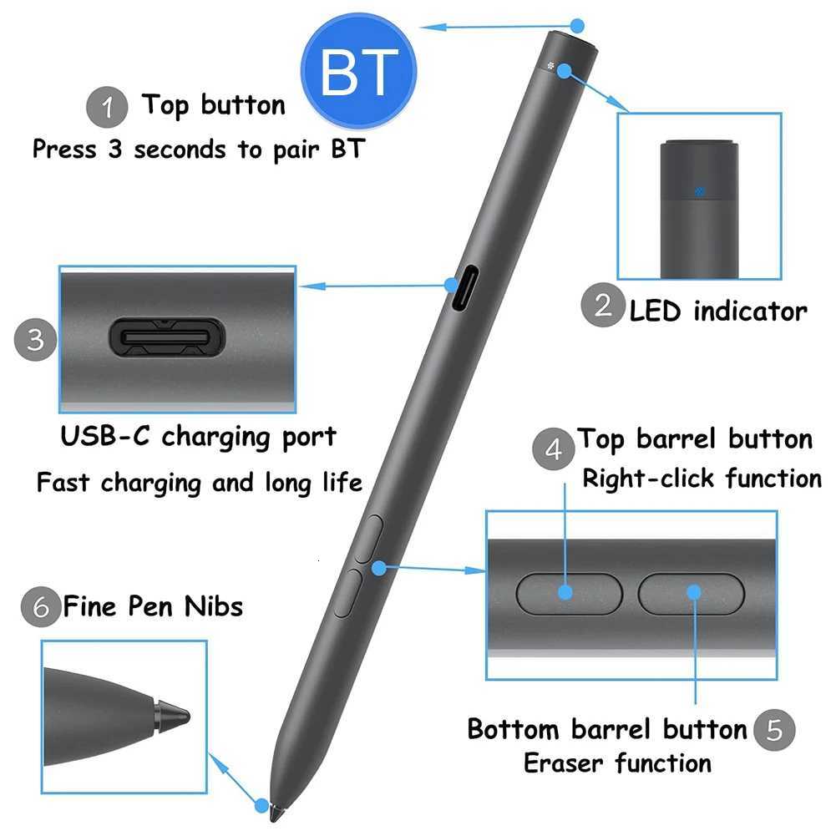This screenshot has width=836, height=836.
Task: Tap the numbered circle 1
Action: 108,108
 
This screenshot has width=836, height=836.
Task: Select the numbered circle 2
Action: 603,305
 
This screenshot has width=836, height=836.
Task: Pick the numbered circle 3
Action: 36,340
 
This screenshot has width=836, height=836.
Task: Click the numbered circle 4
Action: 554,449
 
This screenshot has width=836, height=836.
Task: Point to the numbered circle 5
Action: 775,730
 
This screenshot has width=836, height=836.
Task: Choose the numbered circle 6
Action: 42,606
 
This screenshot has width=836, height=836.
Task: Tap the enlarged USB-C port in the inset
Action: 166,337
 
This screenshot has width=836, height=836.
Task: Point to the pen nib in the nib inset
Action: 172,716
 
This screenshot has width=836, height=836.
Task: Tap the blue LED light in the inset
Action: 700,190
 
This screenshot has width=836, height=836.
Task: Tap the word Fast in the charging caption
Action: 64,482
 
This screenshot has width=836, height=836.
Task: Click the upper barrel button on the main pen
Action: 367,539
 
